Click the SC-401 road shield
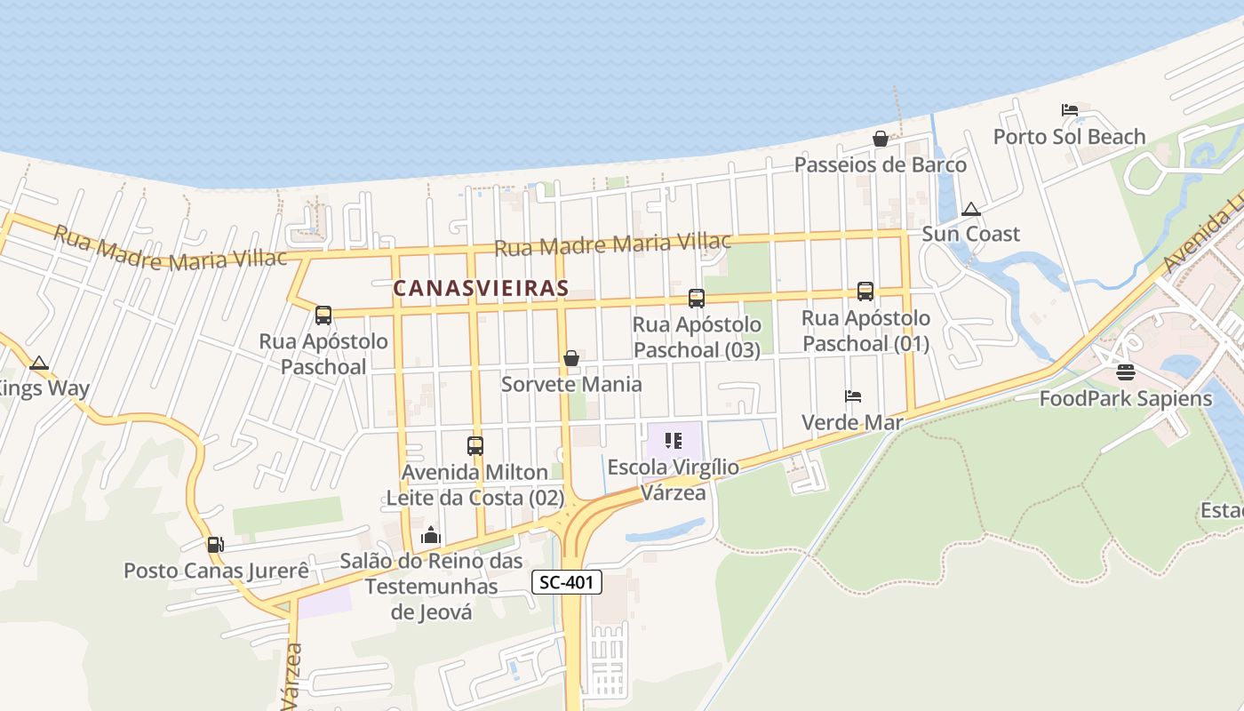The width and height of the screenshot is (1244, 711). pos(567,583)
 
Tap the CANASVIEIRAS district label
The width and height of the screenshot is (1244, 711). pos(481,288)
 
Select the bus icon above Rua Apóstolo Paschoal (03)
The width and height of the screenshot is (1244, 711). pos(697,299)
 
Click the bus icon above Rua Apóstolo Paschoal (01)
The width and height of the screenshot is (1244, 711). pos(865,291)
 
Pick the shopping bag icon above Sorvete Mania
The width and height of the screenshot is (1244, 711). pos(571,358)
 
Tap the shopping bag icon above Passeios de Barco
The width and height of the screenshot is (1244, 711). pos(881,139)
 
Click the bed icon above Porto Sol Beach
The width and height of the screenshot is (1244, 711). pos(1070,110)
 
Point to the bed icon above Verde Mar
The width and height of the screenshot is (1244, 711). pos(853,395)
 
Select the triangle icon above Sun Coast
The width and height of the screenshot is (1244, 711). pos(971,209)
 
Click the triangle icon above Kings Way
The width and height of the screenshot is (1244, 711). pos(38,363)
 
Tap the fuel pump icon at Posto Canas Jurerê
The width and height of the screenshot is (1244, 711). pos(215,544)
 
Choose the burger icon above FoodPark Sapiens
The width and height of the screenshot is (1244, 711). pos(1126,371)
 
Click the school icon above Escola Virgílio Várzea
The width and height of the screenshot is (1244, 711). pos(673,440)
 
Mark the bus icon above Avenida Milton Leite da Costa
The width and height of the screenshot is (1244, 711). pos(475,445)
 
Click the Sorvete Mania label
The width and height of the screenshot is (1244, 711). pos(571,384)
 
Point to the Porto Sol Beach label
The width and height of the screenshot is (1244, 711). pos(1069,137)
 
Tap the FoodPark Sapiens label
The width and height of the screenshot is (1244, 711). pos(1126,398)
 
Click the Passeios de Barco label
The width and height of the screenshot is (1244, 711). pos(880,164)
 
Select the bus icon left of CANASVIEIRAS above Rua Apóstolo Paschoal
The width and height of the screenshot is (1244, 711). pos(323,315)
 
